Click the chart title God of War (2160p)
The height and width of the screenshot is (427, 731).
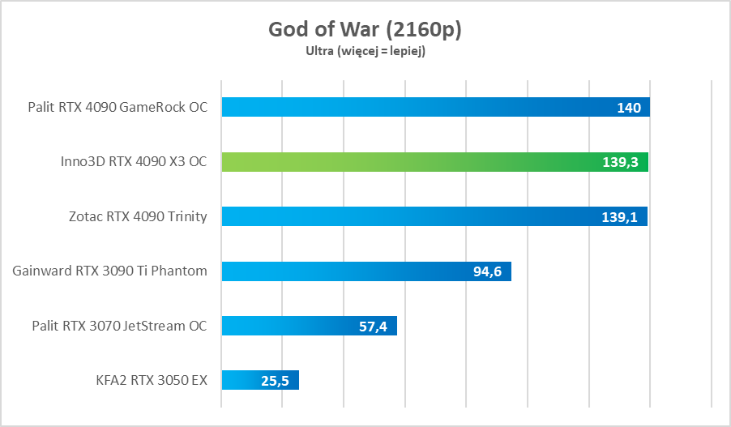365,29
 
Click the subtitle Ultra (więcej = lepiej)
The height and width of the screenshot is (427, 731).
365,51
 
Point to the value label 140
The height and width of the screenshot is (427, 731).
629,108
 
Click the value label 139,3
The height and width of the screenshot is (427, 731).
621,162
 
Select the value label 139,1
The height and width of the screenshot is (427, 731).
621,216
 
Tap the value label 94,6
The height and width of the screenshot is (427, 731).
488,271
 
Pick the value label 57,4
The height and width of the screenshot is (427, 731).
374,326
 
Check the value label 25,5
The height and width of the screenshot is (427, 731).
276,380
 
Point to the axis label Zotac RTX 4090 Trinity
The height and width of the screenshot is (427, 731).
138,216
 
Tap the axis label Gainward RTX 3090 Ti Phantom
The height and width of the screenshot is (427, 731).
110,271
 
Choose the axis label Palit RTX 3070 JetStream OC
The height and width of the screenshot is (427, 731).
119,326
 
